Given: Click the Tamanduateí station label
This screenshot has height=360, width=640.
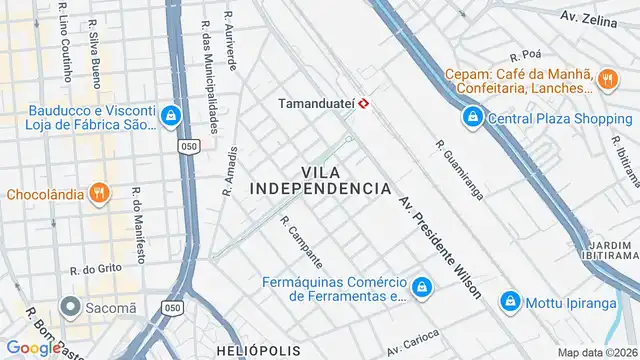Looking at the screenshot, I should point(316,103).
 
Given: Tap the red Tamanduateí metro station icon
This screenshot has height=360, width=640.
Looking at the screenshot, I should point(366,103).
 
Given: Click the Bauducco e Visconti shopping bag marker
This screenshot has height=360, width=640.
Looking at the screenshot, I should point(172,117).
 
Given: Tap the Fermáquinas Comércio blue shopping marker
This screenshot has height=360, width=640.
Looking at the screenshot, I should point(423,288).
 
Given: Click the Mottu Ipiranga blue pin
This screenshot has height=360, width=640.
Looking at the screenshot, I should point(510,300).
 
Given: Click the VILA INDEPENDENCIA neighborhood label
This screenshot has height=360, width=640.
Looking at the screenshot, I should point(320,180).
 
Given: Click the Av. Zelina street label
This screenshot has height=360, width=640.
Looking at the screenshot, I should point(588,17).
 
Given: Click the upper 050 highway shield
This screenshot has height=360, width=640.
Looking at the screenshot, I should point(189,146).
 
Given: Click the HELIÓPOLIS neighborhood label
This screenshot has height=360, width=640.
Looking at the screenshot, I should point(256,351).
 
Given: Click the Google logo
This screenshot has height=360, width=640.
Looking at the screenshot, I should point(33,348).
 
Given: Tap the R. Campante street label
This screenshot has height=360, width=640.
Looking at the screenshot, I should point(301,242).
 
